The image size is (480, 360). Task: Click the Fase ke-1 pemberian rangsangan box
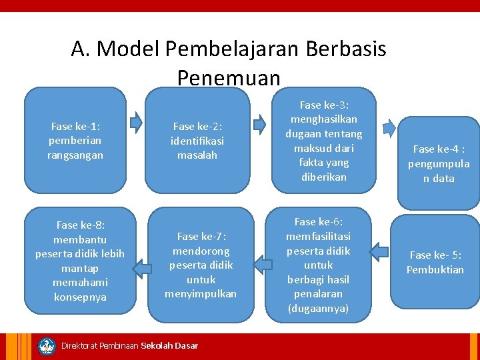pos(75,140)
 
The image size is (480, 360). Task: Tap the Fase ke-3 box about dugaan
pos(323,141)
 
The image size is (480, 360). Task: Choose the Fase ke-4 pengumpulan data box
pos(439,163)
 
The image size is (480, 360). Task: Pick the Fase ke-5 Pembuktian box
pos(436,262)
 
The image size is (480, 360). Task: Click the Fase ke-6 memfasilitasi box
pos(318,265)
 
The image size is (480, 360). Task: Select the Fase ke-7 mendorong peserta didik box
pos(200,265)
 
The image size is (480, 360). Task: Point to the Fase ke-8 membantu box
pos(80,261)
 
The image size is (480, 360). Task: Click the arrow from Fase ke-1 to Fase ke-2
pos(136,122)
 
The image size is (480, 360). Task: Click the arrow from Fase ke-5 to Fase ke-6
pos(379,251)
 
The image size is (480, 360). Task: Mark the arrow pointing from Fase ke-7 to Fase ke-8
pos(141,267)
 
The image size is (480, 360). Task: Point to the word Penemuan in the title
pos(229,79)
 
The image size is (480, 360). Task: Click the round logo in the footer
pos(47,346)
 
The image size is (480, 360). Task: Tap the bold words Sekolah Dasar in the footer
pos(169,345)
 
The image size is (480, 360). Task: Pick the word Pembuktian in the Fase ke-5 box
pos(435,269)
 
